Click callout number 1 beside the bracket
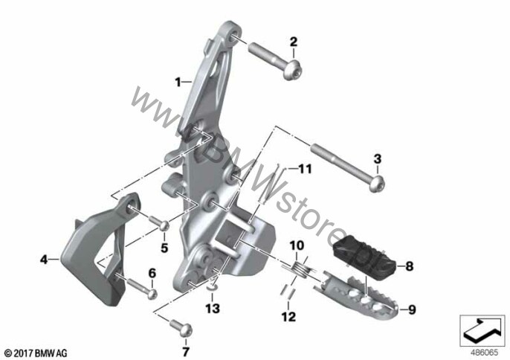[178, 80]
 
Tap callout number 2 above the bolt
[293, 41]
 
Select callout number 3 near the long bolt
[377, 158]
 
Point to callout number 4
[44, 260]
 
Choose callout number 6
[152, 274]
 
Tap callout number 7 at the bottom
[186, 349]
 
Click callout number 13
[213, 307]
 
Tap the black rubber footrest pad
[364, 257]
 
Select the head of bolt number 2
[292, 71]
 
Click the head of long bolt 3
[377, 181]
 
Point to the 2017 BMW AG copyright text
[36, 351]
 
